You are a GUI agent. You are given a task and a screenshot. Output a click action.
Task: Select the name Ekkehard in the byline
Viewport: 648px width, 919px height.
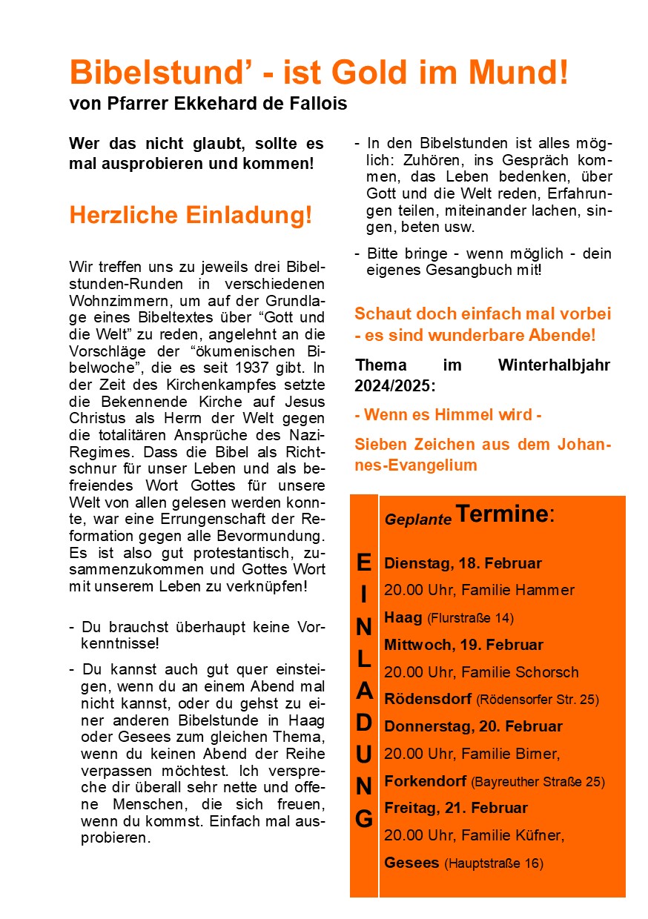click(x=215, y=104)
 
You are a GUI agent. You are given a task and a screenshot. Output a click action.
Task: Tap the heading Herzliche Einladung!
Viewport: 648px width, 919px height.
click(x=191, y=215)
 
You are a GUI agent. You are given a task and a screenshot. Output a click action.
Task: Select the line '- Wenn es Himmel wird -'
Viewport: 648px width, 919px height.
click(x=448, y=415)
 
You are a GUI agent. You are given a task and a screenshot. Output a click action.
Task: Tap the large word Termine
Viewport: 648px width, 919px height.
click(x=500, y=514)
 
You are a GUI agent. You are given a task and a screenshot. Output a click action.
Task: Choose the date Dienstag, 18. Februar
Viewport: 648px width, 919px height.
click(x=463, y=563)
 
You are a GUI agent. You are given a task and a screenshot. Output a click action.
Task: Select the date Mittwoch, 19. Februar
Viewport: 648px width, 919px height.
click(x=463, y=645)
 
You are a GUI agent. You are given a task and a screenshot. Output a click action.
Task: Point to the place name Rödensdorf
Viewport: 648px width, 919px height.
click(x=427, y=699)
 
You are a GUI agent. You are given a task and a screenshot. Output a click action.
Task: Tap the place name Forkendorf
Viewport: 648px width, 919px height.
click(x=425, y=781)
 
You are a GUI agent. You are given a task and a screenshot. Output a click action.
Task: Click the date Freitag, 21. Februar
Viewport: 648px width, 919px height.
click(x=456, y=808)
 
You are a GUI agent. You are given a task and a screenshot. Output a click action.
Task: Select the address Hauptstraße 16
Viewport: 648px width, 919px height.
click(x=494, y=863)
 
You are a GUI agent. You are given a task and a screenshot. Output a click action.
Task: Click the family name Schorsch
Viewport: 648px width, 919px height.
click(x=549, y=672)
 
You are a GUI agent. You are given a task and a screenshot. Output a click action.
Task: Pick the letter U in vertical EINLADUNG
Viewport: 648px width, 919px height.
click(x=363, y=754)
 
